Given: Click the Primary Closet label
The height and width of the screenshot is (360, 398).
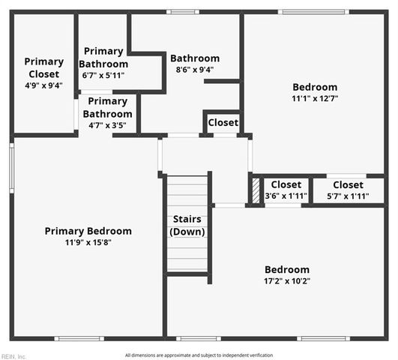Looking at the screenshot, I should (43, 67).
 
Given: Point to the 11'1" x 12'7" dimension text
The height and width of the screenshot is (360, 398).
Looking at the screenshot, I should (315, 98).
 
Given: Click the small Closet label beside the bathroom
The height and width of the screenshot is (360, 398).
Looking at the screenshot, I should (223, 122).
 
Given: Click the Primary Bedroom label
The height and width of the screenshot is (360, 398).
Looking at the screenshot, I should (88, 231).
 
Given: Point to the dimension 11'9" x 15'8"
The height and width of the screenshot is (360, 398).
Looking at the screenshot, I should (88, 242).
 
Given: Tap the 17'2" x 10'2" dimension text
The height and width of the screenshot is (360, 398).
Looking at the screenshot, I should (286, 281).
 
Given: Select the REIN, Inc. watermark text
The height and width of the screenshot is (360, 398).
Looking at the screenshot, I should (13, 356).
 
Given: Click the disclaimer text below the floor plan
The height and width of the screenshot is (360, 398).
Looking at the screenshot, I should (199, 355).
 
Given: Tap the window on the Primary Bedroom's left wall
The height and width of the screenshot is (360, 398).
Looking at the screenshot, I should (11, 168).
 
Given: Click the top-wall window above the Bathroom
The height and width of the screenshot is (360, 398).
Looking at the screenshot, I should (182, 11).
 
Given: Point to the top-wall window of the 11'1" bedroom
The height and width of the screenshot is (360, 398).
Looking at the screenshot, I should (313, 11).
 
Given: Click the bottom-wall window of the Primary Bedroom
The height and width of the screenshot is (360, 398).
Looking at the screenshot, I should (79, 338).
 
